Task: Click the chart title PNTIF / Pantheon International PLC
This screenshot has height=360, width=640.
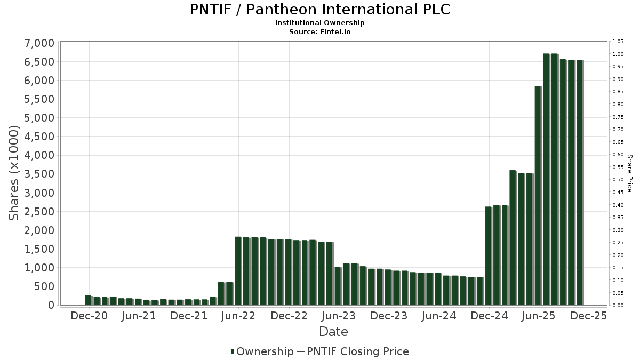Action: (x=319, y=10)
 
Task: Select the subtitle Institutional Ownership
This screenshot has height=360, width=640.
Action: (x=319, y=23)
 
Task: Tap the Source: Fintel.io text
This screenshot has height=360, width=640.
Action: (x=319, y=32)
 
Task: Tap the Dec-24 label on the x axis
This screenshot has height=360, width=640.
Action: (x=490, y=316)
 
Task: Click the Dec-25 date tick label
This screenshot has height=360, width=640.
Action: (x=589, y=316)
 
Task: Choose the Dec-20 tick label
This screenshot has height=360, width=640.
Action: (x=89, y=316)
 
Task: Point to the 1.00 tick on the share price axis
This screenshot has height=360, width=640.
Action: (x=618, y=54)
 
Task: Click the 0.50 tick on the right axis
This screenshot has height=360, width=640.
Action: (x=618, y=180)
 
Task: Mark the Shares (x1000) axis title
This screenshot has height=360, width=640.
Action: (x=14, y=173)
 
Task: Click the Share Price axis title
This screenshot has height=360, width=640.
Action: (x=630, y=173)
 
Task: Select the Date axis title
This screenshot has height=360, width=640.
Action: (x=333, y=332)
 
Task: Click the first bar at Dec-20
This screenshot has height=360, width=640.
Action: (x=88, y=300)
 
